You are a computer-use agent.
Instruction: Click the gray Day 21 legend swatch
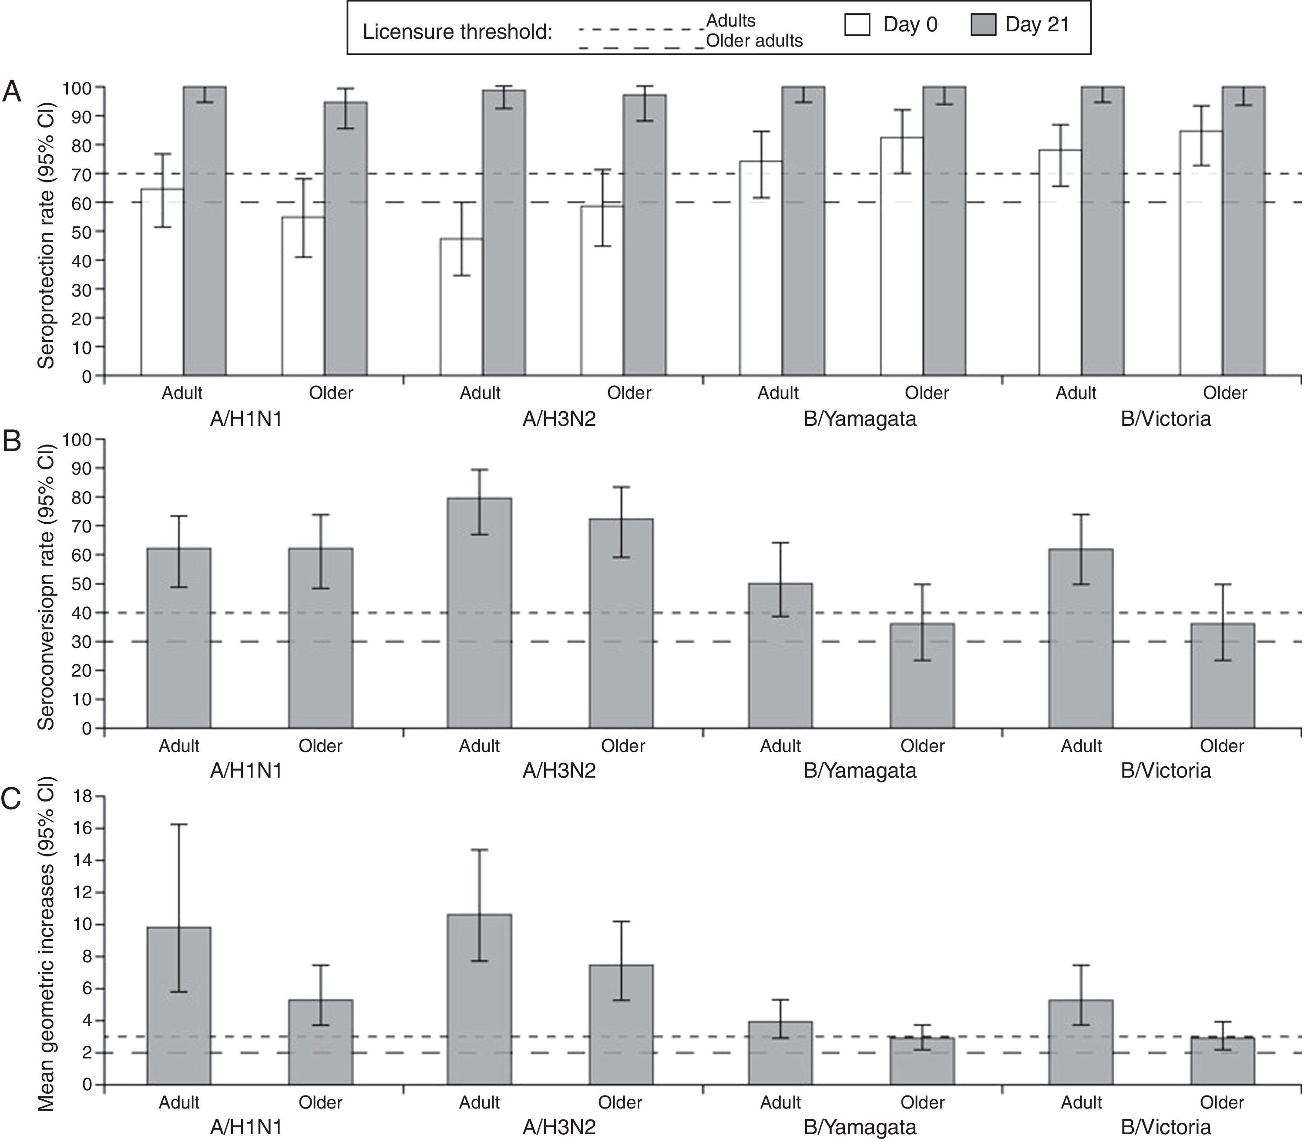coord(983,25)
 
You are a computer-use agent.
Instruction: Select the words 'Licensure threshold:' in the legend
coord(457,32)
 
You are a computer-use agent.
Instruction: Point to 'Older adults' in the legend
coord(754,40)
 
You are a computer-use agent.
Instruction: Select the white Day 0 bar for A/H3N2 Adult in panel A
coord(461,307)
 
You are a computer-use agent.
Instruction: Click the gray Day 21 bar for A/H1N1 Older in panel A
coord(346,238)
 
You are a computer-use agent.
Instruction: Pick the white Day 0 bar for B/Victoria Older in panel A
coord(1201,253)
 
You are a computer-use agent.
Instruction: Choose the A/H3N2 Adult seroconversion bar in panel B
coord(479,613)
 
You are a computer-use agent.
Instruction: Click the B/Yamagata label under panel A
coord(859,419)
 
